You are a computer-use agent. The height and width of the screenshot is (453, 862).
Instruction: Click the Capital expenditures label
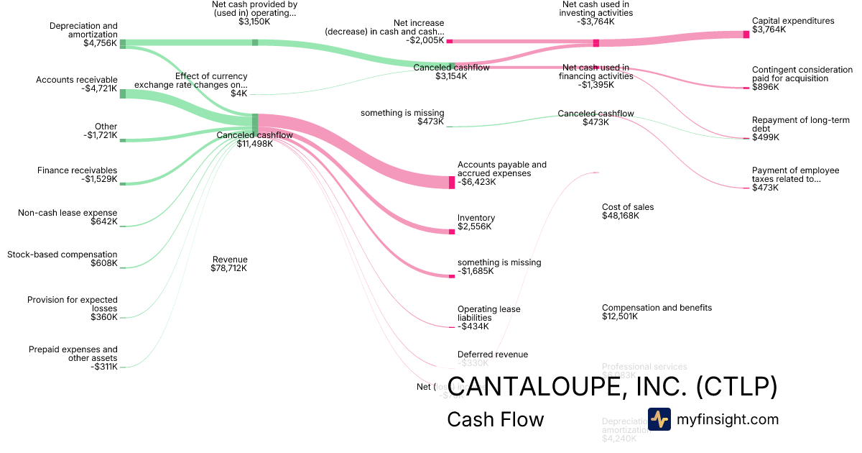tap(793, 21)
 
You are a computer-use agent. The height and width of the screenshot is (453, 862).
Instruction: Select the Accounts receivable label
tap(77, 80)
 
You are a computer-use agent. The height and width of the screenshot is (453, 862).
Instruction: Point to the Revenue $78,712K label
tap(229, 264)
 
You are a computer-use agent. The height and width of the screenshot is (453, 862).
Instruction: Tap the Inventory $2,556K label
tap(476, 222)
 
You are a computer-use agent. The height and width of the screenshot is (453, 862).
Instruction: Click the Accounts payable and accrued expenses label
tap(501, 169)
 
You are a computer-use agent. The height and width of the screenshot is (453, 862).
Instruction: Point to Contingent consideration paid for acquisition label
tap(802, 74)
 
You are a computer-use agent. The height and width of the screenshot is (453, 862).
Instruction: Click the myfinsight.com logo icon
tap(659, 419)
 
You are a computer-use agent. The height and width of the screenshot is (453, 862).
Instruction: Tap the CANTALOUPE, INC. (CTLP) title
tap(612, 387)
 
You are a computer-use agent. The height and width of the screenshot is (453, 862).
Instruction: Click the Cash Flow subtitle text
tap(495, 419)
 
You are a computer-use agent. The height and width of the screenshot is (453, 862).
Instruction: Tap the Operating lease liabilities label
tap(488, 314)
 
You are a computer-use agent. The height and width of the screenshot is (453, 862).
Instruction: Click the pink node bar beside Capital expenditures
tap(746, 35)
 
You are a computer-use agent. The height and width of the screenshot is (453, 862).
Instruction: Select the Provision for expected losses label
tap(72, 304)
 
